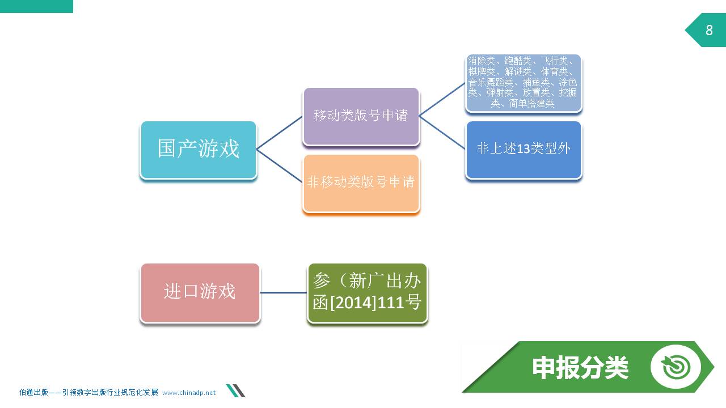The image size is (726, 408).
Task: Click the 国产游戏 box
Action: [199, 150]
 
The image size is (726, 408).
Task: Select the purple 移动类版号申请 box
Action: [361, 116]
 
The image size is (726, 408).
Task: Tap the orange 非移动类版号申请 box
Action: [361, 183]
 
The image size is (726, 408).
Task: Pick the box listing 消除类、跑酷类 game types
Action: [524, 83]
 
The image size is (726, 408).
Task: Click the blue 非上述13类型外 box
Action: [524, 150]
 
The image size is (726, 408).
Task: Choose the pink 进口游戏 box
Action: [200, 293]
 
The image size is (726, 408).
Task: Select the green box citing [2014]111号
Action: [367, 293]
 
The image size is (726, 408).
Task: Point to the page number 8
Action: [709, 30]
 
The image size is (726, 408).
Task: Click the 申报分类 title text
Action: [580, 368]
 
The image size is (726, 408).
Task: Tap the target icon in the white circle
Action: [676, 367]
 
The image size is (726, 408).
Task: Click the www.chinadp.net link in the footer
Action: [189, 393]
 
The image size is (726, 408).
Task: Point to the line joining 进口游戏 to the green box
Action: [283, 293]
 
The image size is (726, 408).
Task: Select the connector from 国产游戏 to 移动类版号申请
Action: [280, 133]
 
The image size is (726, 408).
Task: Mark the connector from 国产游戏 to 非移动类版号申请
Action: [280, 166]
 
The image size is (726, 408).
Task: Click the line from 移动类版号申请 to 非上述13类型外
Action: [442, 133]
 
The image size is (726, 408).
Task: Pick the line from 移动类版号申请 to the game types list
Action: [442, 99]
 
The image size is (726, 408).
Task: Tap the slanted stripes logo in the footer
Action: [235, 390]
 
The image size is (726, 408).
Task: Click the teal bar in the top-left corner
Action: [36, 6]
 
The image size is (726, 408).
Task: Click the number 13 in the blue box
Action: [523, 149]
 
